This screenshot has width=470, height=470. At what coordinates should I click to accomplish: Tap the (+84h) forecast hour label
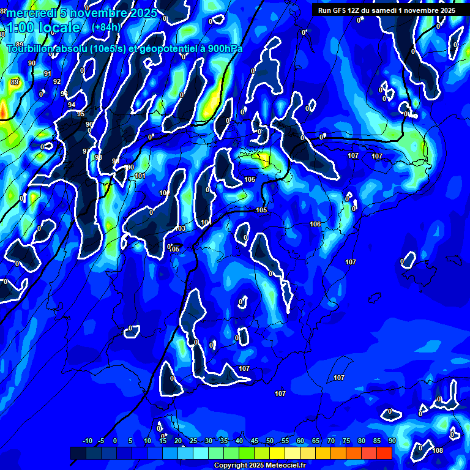pos(106,27)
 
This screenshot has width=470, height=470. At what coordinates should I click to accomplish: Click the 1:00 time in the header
pos(22,28)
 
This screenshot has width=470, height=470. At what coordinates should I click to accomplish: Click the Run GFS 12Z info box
pos(386,10)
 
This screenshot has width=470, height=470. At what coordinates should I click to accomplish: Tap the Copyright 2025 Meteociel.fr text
pos(259,466)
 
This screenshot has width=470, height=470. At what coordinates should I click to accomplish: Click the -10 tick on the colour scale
pos(87,441)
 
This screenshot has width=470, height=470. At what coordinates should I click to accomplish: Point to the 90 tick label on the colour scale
pos(392,441)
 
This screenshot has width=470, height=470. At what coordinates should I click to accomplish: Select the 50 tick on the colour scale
pos(270,441)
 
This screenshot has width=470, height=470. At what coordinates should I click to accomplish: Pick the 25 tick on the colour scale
pos(193,441)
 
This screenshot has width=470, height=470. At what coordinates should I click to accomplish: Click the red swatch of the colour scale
pos(384,453)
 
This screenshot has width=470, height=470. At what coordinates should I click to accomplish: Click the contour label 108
pos(438,451)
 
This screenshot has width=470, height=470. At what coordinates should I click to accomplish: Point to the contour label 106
pos(315,225)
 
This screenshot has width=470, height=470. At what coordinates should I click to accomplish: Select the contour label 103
pos(180,229)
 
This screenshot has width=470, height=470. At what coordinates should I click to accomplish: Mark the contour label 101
pos(141,176)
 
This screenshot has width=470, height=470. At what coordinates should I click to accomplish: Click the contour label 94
pos(72,105)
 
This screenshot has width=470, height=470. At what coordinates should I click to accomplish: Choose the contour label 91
pos(48,74)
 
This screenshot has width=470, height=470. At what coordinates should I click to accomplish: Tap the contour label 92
pos(57,81)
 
